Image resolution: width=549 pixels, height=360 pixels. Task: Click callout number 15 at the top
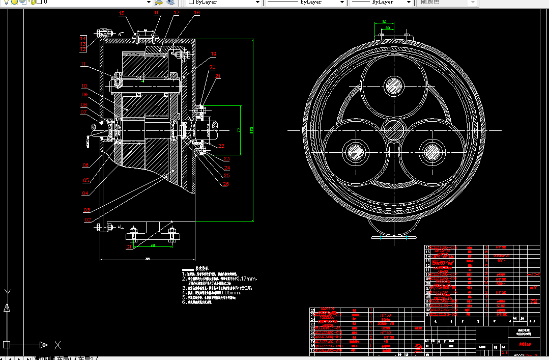click(x=122, y=13)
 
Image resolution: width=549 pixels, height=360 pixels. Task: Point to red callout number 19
click(x=214, y=53)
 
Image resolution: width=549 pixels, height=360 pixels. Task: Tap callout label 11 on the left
click(x=83, y=65)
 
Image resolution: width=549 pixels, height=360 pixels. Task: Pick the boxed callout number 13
click(x=83, y=44)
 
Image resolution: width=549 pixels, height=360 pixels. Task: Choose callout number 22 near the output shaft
click(x=221, y=146)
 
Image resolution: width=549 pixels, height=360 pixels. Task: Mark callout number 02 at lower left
click(x=88, y=220)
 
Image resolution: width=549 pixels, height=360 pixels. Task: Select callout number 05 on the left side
click(x=86, y=180)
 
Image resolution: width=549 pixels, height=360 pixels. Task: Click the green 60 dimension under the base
click(x=152, y=245)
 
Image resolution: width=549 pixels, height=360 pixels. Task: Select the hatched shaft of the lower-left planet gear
click(x=355, y=151)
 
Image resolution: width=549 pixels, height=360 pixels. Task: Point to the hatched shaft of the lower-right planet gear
click(x=432, y=151)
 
